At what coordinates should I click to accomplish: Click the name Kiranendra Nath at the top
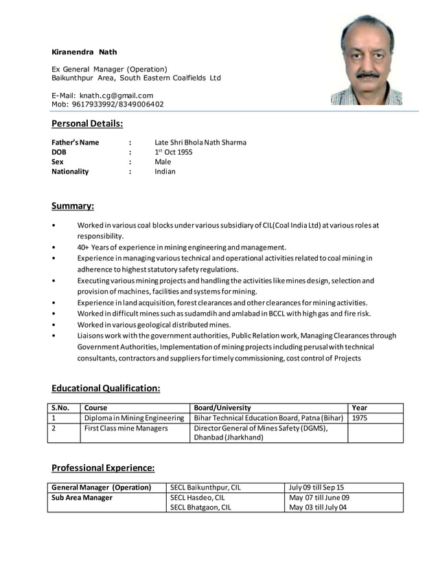tap(84, 52)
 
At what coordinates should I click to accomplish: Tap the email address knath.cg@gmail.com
tap(102, 95)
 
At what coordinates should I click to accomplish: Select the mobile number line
tap(108, 104)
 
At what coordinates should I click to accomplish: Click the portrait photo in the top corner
tap(366, 60)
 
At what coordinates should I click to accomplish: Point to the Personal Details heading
tap(87, 124)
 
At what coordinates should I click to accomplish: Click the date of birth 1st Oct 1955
tap(174, 152)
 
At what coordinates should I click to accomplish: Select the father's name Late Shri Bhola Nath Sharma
tap(200, 142)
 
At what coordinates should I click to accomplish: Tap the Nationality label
tap(70, 171)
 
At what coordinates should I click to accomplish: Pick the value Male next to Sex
tap(163, 162)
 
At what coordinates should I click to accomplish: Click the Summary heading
tap(73, 206)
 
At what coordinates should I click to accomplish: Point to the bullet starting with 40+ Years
tap(181, 247)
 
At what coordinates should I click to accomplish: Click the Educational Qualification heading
tap(106, 389)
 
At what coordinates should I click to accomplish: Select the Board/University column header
tap(222, 408)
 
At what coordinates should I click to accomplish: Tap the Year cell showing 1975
tap(360, 417)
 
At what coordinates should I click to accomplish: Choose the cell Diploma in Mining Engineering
tap(134, 417)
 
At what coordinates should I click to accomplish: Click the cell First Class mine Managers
tap(126, 428)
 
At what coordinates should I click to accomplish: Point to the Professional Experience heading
tap(103, 468)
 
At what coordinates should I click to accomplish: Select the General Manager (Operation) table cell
tap(102, 488)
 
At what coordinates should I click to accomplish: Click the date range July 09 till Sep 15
tap(316, 488)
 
